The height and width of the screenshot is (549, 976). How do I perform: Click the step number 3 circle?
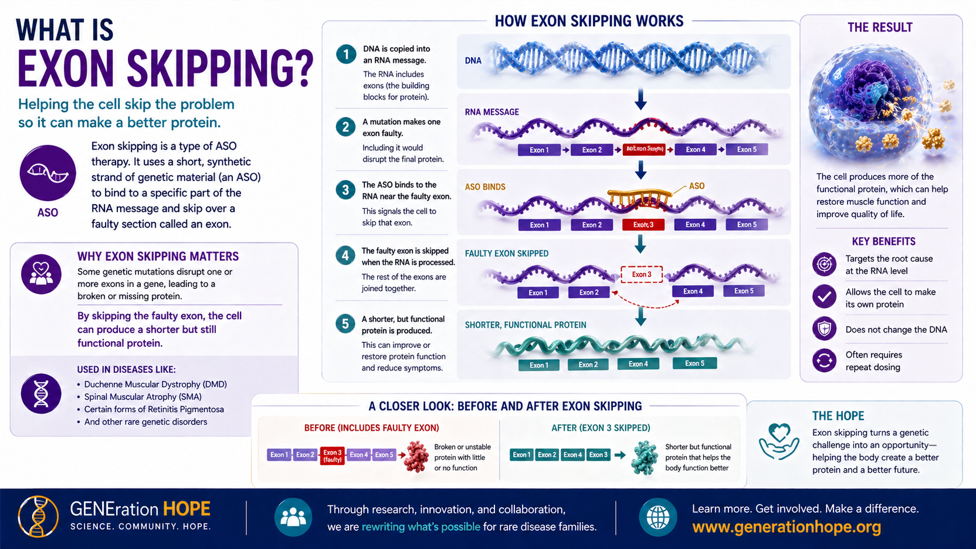(x=346, y=190)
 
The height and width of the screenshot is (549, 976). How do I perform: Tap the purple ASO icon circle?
(x=48, y=173)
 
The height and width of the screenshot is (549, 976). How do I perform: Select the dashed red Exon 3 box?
(x=641, y=274)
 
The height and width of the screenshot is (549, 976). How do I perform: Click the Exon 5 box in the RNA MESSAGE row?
(x=746, y=149)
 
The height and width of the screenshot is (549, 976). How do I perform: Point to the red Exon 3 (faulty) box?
(x=332, y=456)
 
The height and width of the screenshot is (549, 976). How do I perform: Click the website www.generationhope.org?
(x=786, y=527)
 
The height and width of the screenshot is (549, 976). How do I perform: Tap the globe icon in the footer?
(x=658, y=517)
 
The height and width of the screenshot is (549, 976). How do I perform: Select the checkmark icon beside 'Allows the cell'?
(x=824, y=296)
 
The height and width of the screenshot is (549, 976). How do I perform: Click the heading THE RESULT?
(x=880, y=27)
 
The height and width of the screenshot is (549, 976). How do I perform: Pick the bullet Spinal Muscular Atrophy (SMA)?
(x=142, y=397)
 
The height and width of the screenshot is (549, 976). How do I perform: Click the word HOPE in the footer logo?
(x=187, y=509)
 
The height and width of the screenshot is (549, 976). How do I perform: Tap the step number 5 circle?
(x=346, y=324)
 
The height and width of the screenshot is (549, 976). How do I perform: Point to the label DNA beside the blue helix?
(x=473, y=61)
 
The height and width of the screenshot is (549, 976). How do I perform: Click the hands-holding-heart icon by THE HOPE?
(x=779, y=442)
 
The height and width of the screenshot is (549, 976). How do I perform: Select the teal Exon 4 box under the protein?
(x=638, y=364)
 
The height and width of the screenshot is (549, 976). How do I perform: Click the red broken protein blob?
(x=417, y=456)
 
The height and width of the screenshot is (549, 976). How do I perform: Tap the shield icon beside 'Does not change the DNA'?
(x=824, y=329)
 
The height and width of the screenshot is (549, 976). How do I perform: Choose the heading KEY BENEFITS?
(x=883, y=242)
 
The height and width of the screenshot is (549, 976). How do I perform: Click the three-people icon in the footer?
(x=293, y=517)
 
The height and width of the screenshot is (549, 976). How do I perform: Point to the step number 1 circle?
(x=346, y=55)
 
